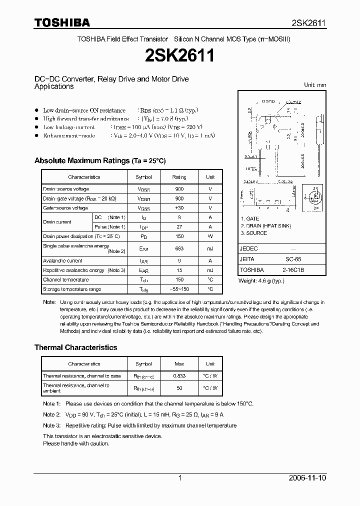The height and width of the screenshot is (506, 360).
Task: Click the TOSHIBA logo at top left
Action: [62, 22]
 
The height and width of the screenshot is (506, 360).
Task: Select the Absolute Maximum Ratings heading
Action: [99, 161]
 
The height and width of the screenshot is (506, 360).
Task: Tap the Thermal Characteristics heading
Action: [75, 347]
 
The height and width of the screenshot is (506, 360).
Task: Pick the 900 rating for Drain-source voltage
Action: [179, 189]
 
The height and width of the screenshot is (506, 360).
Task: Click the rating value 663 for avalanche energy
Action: [179, 248]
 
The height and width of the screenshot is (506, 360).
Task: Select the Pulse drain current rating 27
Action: [179, 227]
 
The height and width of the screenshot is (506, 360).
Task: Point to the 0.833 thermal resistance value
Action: [179, 376]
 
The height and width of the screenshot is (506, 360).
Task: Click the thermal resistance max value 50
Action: [179, 388]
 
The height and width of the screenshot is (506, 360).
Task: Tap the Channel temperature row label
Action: [65, 280]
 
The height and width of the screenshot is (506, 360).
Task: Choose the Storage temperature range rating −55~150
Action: [179, 289]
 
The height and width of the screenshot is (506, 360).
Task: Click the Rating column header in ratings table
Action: [179, 177]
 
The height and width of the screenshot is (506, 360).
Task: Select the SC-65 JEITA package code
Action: [293, 259]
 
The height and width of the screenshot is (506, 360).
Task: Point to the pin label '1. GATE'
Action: [250, 219]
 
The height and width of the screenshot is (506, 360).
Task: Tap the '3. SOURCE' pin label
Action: [253, 233]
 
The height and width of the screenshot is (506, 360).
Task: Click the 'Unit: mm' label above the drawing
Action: [315, 85]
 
